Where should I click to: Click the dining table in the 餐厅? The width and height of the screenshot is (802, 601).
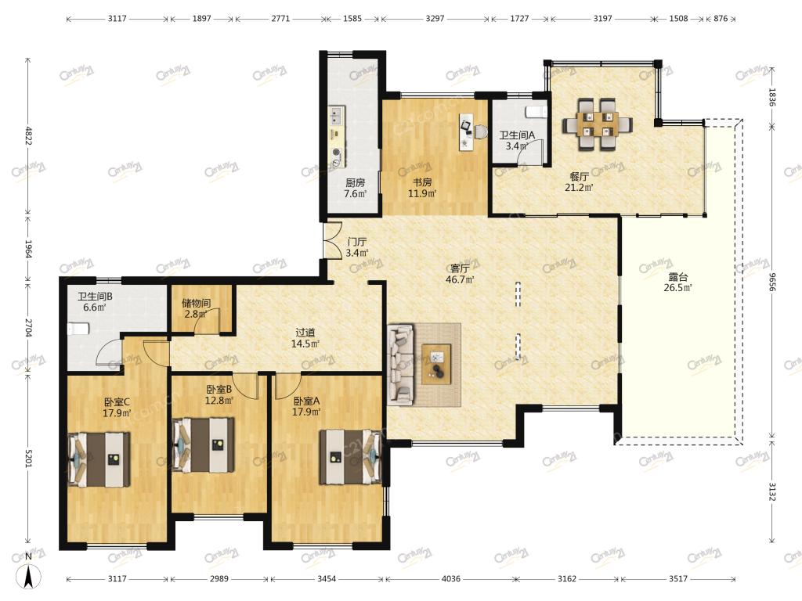coord(598,124)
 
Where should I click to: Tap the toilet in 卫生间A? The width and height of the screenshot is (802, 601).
coord(536,112)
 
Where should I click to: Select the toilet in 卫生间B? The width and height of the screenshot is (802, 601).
coord(78,329)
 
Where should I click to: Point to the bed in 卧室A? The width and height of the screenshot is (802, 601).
coord(350,457)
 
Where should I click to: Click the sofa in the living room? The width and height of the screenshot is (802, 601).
coord(402,364)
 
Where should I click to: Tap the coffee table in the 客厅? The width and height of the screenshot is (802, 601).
coord(436,364)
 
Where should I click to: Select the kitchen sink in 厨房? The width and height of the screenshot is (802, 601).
coord(337,116)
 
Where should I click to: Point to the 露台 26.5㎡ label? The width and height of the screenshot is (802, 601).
coord(677,283)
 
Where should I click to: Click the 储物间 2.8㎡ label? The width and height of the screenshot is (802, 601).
coord(196,309)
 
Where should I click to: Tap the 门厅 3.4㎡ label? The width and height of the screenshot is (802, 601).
coord(357,247)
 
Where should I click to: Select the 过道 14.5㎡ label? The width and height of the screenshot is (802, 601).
coord(305,339)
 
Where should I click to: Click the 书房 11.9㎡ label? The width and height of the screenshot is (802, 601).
coord(422,188)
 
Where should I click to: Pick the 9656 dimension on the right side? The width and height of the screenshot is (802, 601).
coord(772,281)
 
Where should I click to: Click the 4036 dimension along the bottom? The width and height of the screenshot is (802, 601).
coord(450,579)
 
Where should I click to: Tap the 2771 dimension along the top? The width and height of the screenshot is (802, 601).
coord(280,19)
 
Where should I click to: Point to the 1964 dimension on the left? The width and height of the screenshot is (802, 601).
coord(28,249)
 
